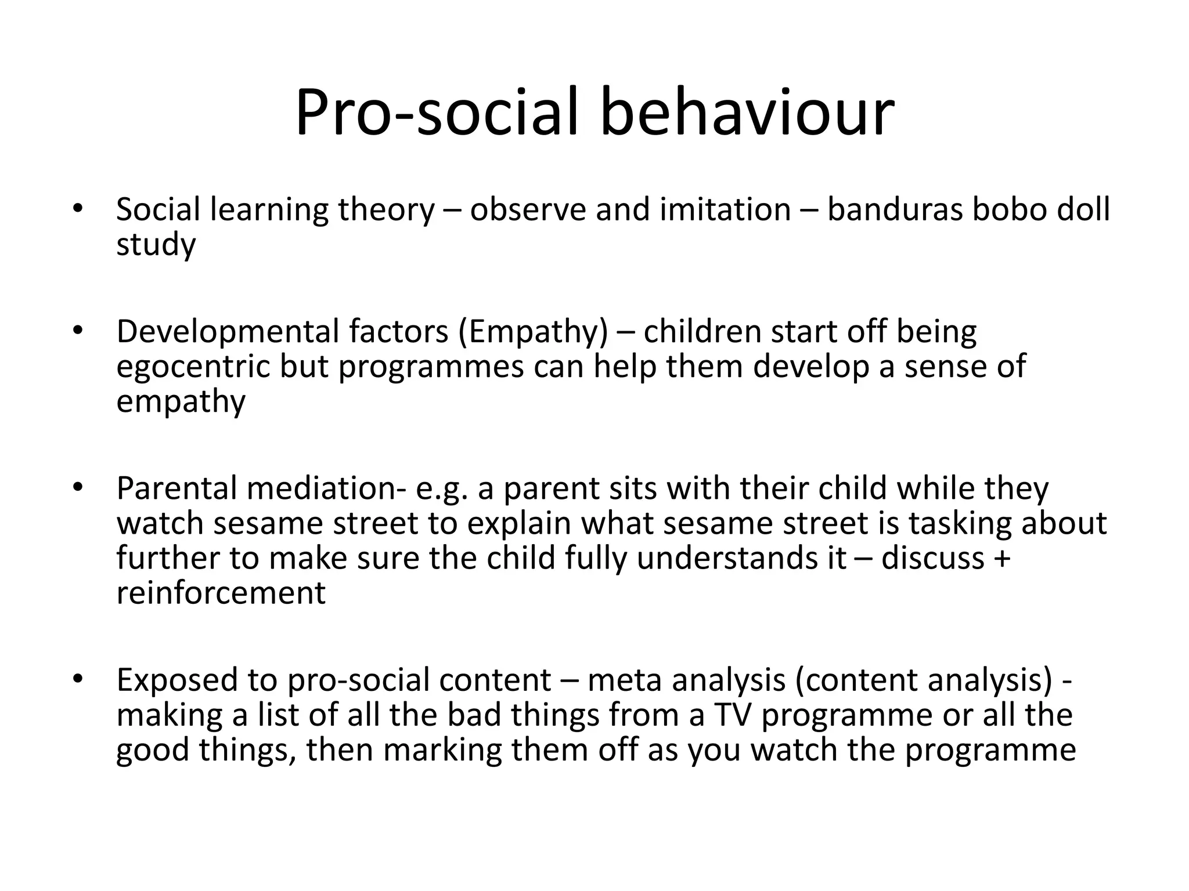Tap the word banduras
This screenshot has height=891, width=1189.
click(x=895, y=210)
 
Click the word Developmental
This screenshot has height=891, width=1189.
click(x=228, y=332)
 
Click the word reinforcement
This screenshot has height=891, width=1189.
click(x=221, y=593)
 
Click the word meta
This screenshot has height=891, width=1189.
click(x=624, y=681)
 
